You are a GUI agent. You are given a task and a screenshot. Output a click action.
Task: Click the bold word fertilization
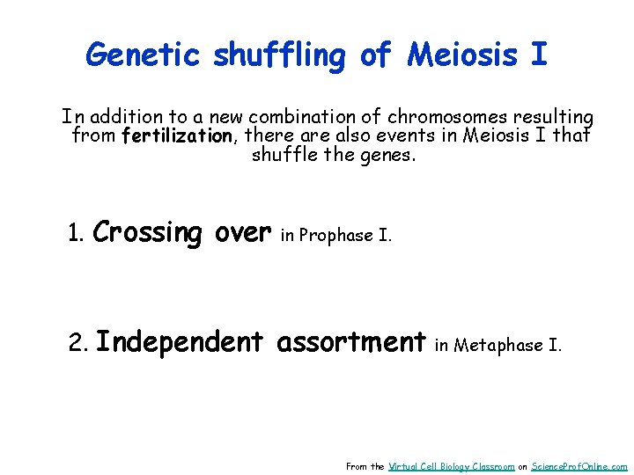(177, 136)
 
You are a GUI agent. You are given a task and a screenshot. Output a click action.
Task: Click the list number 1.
(76, 235)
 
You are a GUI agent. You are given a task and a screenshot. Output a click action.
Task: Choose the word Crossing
(147, 233)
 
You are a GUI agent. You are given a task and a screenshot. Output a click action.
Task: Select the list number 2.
(77, 343)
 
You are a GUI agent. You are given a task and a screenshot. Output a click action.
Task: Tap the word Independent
(180, 341)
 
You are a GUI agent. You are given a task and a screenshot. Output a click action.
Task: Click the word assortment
(351, 341)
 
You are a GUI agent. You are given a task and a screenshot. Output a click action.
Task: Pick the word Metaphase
(499, 345)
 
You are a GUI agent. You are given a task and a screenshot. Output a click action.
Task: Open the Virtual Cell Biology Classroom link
(451, 466)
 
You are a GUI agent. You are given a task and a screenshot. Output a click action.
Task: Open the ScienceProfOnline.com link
(579, 466)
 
